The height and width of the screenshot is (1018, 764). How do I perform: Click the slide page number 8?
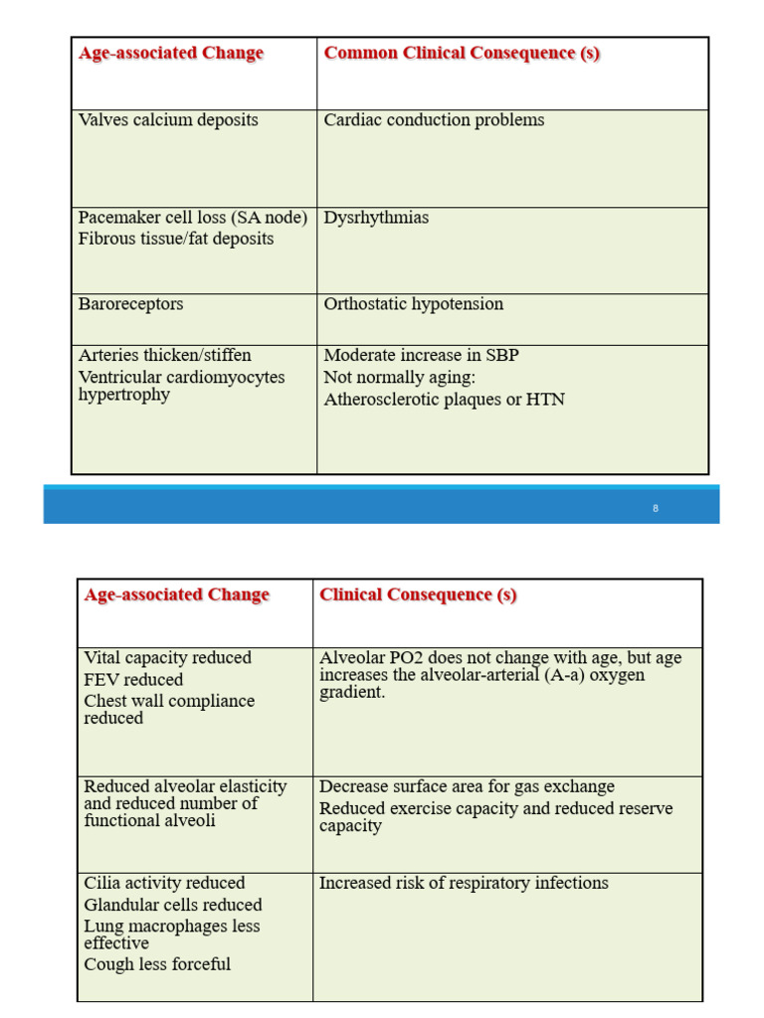656,508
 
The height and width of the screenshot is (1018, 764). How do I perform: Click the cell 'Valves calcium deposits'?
168,120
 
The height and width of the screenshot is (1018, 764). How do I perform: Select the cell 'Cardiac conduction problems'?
434,120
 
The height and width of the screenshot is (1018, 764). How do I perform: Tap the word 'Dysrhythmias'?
376,218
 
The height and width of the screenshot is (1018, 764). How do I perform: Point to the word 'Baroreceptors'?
130,304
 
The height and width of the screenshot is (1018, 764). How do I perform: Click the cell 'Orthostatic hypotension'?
413,304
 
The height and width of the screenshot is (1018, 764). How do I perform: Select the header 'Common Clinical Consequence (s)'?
462,54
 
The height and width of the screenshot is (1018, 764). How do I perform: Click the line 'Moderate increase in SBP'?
421,356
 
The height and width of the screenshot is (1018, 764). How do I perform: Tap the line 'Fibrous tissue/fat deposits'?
176,239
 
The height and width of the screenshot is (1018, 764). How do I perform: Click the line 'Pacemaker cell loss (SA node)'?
193,218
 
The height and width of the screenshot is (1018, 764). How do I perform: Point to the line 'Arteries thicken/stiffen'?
164,356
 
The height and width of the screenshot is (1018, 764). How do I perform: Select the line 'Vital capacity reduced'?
167,658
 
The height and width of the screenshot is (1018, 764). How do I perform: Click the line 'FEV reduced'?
133,680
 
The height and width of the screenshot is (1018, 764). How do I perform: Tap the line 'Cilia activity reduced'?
164,883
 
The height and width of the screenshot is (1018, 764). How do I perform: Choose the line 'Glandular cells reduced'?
173,905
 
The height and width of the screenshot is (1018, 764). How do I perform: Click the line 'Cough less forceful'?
157,964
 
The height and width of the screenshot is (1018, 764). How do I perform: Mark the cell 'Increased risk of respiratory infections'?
464,883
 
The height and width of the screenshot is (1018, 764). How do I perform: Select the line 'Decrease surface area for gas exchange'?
467,786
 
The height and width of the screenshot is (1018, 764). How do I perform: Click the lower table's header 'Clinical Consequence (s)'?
418,595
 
